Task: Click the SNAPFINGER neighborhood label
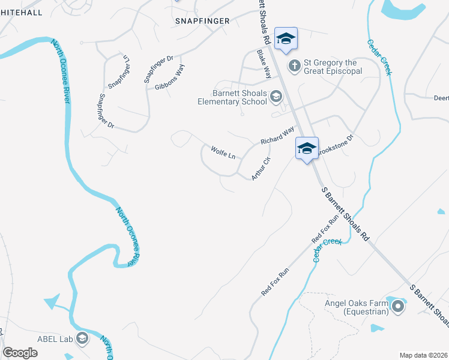202,21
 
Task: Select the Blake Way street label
264,64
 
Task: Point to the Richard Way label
277,134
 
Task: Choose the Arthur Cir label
262,169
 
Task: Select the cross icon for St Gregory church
294,65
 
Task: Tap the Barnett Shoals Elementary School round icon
276,96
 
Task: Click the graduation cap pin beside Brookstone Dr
307,148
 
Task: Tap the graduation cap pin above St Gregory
286,39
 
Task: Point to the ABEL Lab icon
82,339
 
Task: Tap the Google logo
20,352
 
